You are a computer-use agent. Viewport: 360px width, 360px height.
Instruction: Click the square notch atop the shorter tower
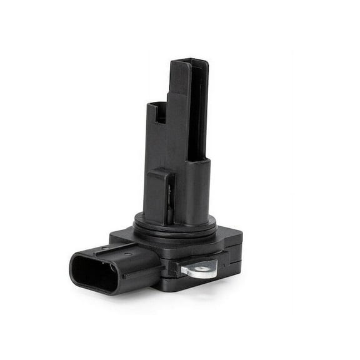pos(159,112)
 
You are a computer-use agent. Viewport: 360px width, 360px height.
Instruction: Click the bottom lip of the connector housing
pos(100,291)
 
